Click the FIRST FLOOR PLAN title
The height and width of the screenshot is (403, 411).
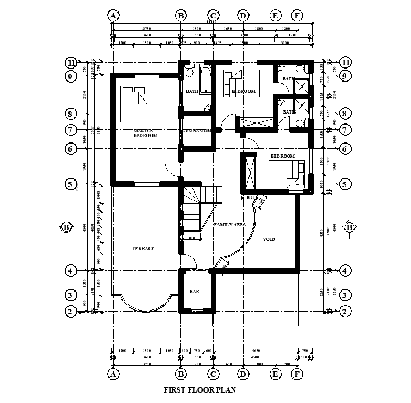200,389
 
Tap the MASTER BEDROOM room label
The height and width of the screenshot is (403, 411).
145,133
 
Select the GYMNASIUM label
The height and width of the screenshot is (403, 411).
196,131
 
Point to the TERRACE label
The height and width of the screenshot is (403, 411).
144,249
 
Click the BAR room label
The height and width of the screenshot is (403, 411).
195,292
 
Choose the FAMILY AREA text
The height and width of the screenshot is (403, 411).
229,225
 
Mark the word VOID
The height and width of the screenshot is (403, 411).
269,239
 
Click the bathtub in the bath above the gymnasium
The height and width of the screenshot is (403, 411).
205,79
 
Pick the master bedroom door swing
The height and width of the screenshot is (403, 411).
171,169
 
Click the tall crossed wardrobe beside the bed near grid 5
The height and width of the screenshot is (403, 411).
251,171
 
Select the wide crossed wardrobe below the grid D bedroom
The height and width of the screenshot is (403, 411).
257,123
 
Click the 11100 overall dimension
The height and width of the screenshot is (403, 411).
211,22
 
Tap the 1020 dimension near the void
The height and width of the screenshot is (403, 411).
251,197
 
